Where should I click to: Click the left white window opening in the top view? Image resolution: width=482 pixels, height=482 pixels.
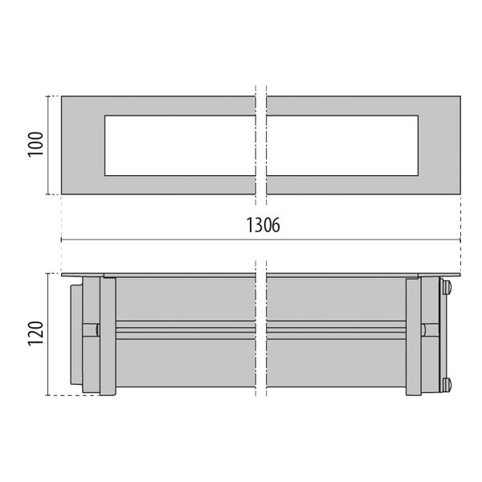pos(179,145)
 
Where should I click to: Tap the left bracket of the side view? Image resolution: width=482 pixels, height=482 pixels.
pos(100,336)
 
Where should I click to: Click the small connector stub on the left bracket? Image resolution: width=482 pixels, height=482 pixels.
pos(95,329)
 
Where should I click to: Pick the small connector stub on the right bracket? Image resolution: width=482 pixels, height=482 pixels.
pos(427,329)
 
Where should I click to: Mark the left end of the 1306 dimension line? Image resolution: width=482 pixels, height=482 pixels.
pos(62,239)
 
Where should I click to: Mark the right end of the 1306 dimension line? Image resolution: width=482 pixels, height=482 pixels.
pos(460,239)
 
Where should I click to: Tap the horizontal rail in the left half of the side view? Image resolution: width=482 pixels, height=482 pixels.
pos(185,329)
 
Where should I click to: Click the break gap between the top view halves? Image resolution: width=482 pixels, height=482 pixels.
pos(261,145)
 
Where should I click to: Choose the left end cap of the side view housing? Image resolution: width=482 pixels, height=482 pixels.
pos(76,336)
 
